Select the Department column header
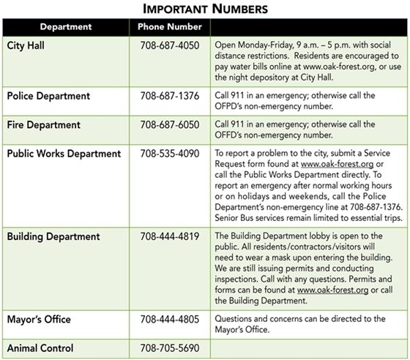(x=65, y=27)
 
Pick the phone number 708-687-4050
(x=169, y=45)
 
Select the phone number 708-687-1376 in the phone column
(x=169, y=96)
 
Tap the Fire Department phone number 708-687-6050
(x=169, y=124)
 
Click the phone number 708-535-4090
(x=169, y=154)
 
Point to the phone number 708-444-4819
(x=169, y=237)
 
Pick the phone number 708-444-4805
(x=169, y=319)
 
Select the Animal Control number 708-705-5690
(x=169, y=348)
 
